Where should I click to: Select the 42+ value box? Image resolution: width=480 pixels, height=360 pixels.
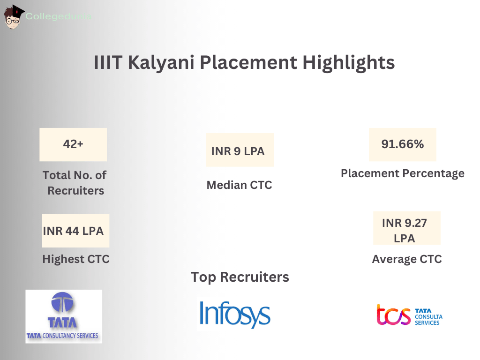point(73,144)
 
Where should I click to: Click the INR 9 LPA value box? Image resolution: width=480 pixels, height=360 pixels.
point(240,150)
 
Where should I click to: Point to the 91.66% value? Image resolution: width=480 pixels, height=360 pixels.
point(403,144)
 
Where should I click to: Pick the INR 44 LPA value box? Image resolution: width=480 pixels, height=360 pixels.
point(75,231)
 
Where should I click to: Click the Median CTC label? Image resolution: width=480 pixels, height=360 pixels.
point(239,185)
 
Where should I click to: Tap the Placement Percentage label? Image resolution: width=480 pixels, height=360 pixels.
point(402,173)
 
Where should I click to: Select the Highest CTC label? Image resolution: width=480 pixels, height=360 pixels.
point(76,259)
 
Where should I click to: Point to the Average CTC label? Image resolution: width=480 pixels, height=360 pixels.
point(407,259)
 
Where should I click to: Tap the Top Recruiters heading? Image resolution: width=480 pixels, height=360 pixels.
point(240,277)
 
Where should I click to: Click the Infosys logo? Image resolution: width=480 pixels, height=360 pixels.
point(235,314)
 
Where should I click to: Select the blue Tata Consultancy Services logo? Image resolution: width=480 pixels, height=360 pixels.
point(63,316)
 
